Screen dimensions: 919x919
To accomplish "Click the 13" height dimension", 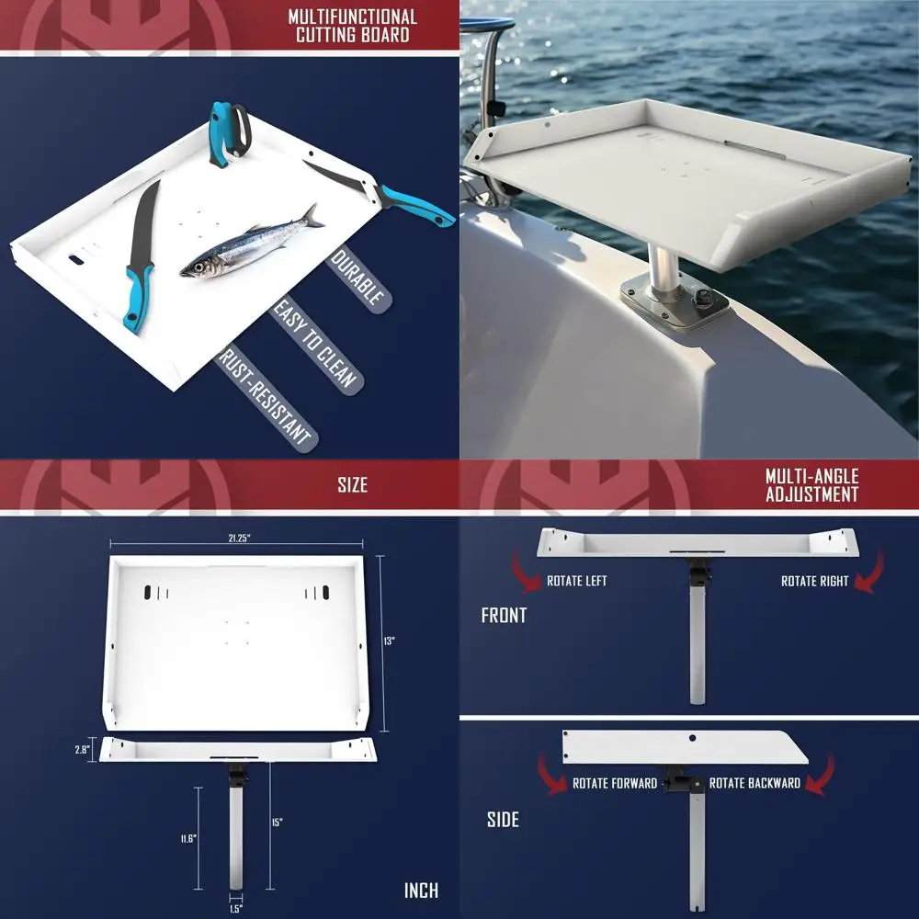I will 389,641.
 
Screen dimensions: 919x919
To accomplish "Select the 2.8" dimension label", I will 82,750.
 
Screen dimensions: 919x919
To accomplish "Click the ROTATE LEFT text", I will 576,581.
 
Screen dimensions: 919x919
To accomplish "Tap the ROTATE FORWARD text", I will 615,783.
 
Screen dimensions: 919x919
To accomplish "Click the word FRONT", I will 504,616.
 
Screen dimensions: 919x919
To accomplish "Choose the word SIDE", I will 503,819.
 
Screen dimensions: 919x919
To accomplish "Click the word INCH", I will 421,890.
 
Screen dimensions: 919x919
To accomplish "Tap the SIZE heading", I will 352,484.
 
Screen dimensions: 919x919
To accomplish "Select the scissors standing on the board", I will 227,133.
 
